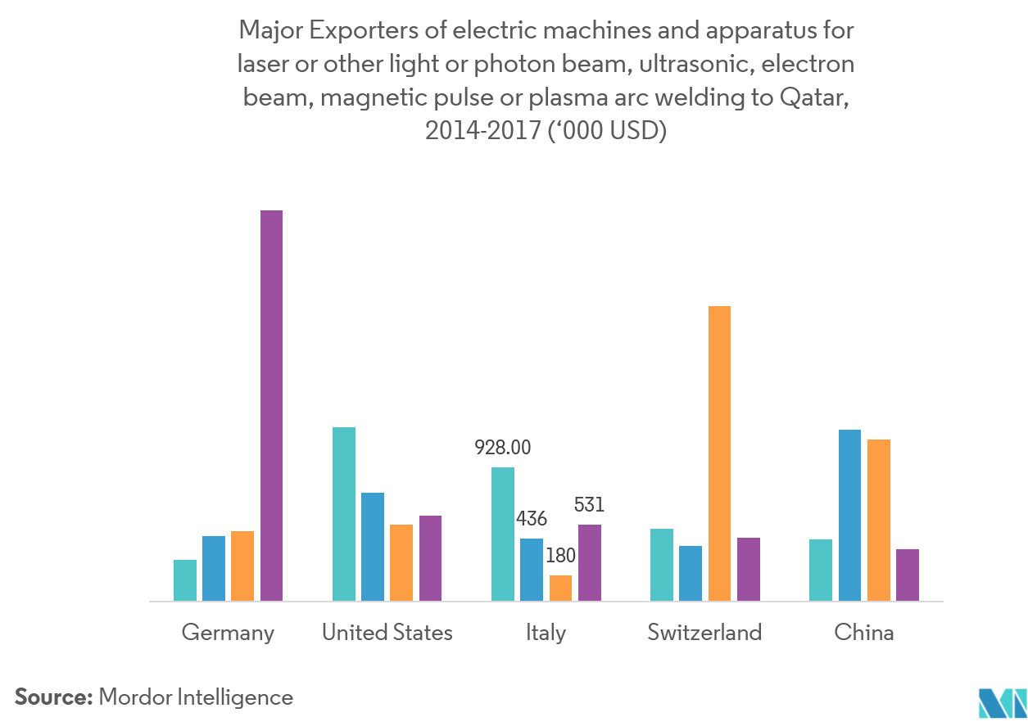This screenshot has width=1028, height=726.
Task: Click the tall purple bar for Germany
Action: click(271, 405)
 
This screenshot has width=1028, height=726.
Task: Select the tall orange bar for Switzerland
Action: click(719, 453)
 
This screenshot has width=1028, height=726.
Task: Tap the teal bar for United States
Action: click(344, 514)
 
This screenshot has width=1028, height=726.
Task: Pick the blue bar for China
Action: click(849, 516)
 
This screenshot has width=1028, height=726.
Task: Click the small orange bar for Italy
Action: click(560, 588)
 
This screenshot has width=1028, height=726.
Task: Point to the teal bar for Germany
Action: click(185, 580)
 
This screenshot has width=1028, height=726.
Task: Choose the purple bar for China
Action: click(908, 575)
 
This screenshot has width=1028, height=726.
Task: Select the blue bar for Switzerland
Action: click(691, 573)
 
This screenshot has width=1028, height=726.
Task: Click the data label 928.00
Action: click(503, 448)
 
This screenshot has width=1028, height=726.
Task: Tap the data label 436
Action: click(531, 518)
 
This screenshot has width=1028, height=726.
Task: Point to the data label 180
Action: click(560, 556)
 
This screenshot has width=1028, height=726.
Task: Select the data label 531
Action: click(588, 505)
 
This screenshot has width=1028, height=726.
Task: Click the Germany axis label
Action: click(228, 633)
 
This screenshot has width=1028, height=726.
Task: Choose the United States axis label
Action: click(387, 632)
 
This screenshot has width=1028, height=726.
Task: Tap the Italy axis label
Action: click(546, 632)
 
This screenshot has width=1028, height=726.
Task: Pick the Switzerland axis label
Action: click(704, 632)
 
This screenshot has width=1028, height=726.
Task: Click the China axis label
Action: click(863, 632)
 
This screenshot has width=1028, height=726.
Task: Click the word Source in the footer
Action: click(52, 697)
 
